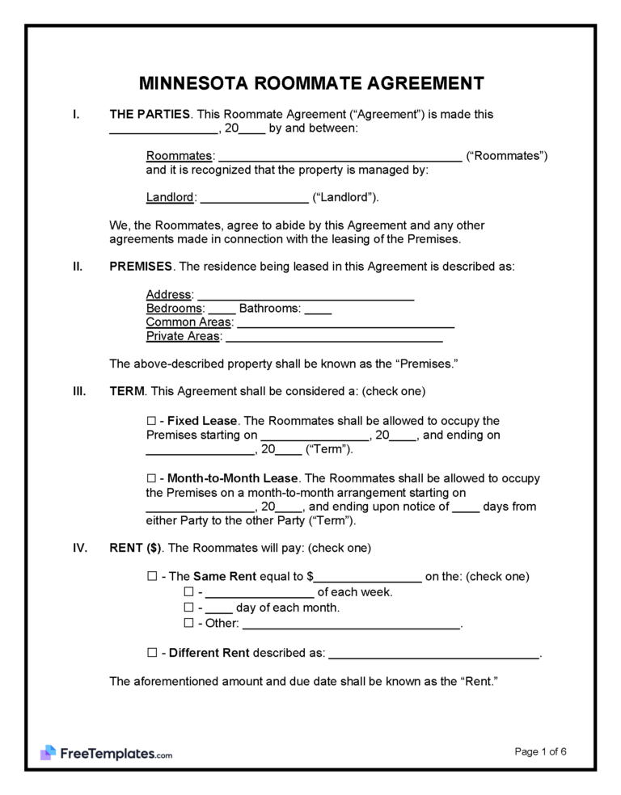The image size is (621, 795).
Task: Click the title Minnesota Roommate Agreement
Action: pos(311,83)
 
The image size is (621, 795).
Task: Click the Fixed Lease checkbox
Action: pos(151,421)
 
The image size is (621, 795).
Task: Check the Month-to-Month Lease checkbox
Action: pos(151,477)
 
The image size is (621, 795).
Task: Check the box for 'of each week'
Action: pos(188,592)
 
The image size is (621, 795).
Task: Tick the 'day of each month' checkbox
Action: pos(188,608)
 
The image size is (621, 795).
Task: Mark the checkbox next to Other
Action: pos(188,623)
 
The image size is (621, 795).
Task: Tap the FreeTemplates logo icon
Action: pos(48,753)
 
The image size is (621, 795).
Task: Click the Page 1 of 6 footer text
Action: pos(540,751)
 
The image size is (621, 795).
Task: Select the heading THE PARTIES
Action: pos(150,115)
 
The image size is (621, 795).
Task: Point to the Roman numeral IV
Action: pos(79,547)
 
